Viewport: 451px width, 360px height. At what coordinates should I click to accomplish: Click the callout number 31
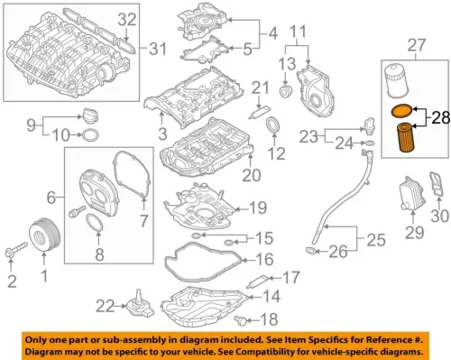click(158, 48)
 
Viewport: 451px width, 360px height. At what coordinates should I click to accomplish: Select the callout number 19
click(258, 208)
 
